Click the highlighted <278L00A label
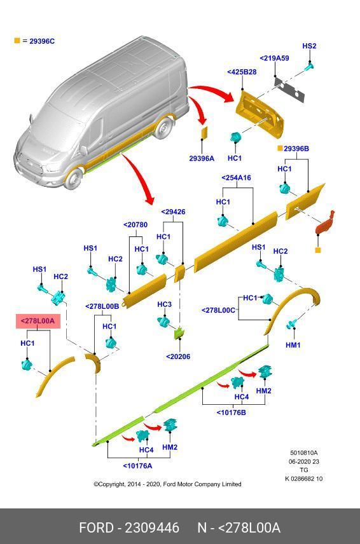(x=38, y=321)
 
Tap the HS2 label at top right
(x=309, y=46)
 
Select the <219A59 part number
(x=274, y=58)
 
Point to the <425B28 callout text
(x=242, y=72)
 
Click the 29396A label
(x=202, y=158)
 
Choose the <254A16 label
(x=236, y=178)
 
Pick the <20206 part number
(x=178, y=357)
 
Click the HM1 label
(x=293, y=345)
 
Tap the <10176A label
(x=137, y=466)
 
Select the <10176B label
(x=232, y=412)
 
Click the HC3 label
(x=164, y=304)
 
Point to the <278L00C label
(x=218, y=310)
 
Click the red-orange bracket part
(x=325, y=223)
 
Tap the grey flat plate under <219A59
(x=289, y=90)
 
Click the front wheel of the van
(x=74, y=179)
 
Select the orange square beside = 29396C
(x=17, y=41)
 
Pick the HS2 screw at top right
(x=309, y=66)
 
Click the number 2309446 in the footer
(x=152, y=527)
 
